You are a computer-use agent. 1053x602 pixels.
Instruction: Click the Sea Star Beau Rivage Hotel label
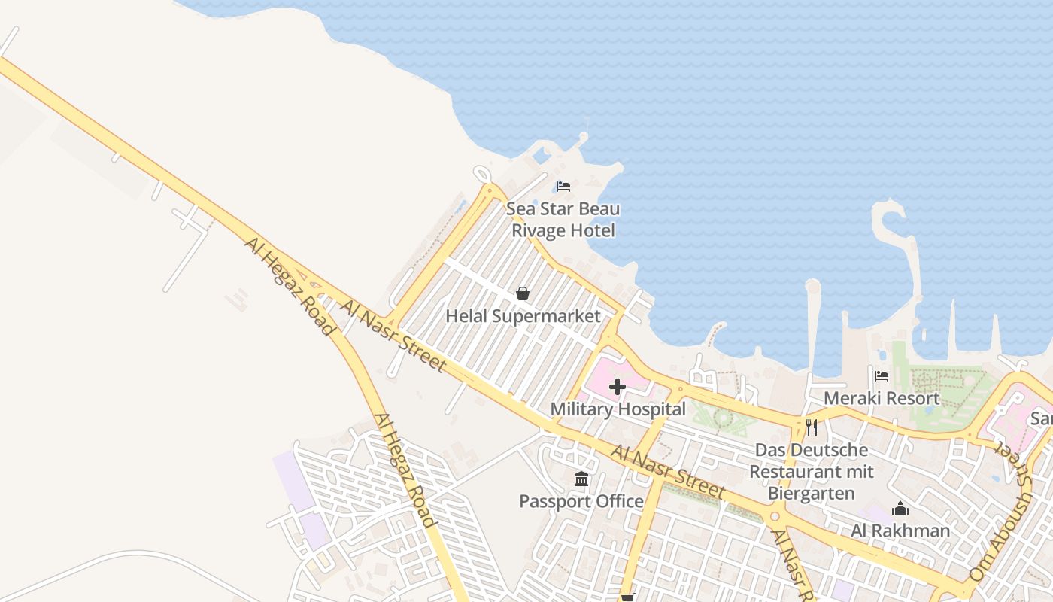click(563, 219)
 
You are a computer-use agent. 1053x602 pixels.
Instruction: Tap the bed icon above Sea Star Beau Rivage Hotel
click(563, 186)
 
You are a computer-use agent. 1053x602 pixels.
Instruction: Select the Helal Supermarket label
click(523, 316)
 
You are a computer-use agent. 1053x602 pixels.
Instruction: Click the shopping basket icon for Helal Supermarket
click(523, 293)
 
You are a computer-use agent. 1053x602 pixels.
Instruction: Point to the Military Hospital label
click(618, 409)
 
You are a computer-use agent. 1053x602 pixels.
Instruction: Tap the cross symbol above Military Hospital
click(618, 388)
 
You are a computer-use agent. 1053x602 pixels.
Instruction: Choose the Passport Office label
click(581, 501)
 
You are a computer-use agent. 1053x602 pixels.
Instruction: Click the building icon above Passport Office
click(581, 479)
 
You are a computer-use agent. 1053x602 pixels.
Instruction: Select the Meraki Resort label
click(882, 398)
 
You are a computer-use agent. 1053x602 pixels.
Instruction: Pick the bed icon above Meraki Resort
click(882, 375)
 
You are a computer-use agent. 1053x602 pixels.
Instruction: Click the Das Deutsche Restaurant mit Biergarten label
click(812, 472)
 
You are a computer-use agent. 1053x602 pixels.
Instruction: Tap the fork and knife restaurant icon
click(812, 427)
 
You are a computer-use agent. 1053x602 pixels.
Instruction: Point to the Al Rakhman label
click(900, 531)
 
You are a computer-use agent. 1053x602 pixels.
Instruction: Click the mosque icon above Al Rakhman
click(900, 509)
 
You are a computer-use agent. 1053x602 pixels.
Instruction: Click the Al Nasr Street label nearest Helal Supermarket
click(393, 336)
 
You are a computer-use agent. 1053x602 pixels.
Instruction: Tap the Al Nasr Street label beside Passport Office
click(668, 473)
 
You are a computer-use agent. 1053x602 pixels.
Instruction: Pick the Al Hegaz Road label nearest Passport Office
click(405, 471)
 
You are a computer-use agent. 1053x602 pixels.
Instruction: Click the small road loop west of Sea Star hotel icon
click(482, 175)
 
